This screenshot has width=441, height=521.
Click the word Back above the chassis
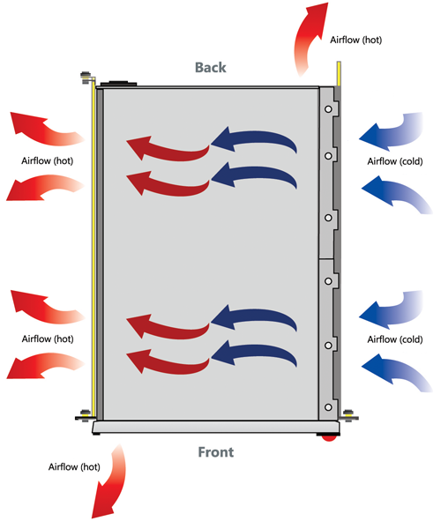pyautogui.click(x=211, y=68)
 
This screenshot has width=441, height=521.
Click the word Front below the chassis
pyautogui.click(x=216, y=452)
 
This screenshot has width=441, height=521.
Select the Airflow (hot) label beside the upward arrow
pyautogui.click(x=356, y=41)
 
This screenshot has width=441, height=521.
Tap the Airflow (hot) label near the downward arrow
pyautogui.click(x=74, y=467)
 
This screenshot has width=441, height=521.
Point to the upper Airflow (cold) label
pyautogui.click(x=395, y=161)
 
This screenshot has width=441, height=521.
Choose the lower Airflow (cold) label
pyautogui.click(x=395, y=339)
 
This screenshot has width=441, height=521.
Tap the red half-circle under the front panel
pyautogui.click(x=329, y=438)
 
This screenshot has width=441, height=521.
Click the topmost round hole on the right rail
pyautogui.click(x=328, y=109)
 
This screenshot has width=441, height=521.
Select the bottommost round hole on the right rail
pyautogui.click(x=328, y=407)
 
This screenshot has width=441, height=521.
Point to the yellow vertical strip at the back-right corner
pyautogui.click(x=339, y=73)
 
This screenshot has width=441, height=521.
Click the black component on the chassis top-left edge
pyautogui.click(x=119, y=83)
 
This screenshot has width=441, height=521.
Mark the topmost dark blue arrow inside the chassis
pyautogui.click(x=254, y=139)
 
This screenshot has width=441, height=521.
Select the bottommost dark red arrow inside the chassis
pyautogui.click(x=168, y=361)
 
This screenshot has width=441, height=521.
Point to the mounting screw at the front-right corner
pyautogui.click(x=348, y=415)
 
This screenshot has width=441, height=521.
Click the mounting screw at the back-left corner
pyautogui.click(x=86, y=77)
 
